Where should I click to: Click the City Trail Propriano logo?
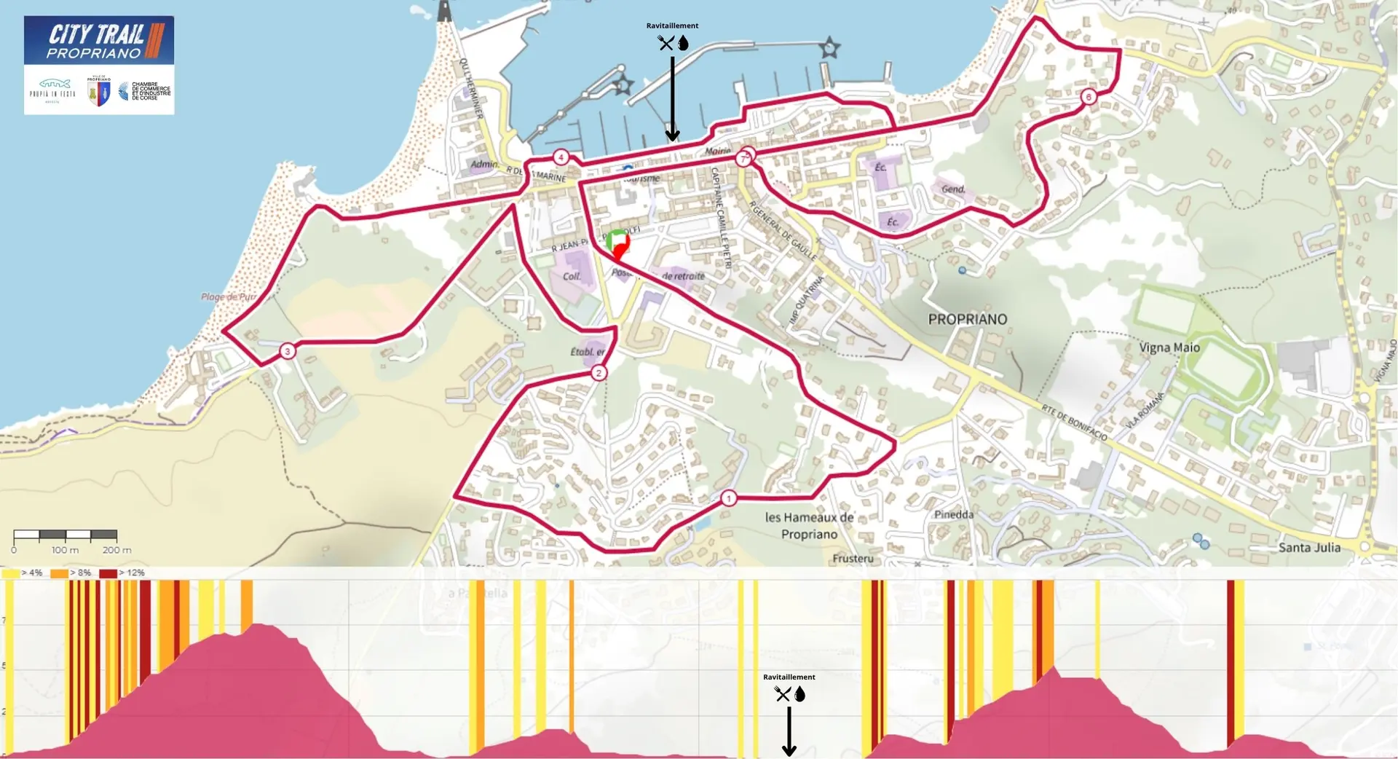pos(98,41)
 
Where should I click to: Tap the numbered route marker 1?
pos(728,498)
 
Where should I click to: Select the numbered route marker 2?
pos(599,373)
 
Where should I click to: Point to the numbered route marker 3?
pos(288,351)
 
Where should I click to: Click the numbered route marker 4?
pos(560,157)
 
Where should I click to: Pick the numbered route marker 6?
pos(1088,97)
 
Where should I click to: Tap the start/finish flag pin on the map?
pos(617,243)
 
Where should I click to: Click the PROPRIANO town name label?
pos(967,319)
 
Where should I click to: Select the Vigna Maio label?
pos(1169,347)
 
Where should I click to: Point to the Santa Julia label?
pos(1308,547)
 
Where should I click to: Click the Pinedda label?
pos(953,514)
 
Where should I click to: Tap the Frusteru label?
pos(852,559)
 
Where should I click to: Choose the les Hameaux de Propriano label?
pos(809,525)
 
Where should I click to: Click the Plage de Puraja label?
pos(229,296)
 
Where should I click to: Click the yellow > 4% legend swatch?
pos(10,573)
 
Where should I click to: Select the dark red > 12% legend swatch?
pos(108,573)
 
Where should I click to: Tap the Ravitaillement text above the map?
pos(672,25)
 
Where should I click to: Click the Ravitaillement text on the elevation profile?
pos(789,677)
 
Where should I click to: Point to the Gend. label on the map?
pos(952,189)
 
